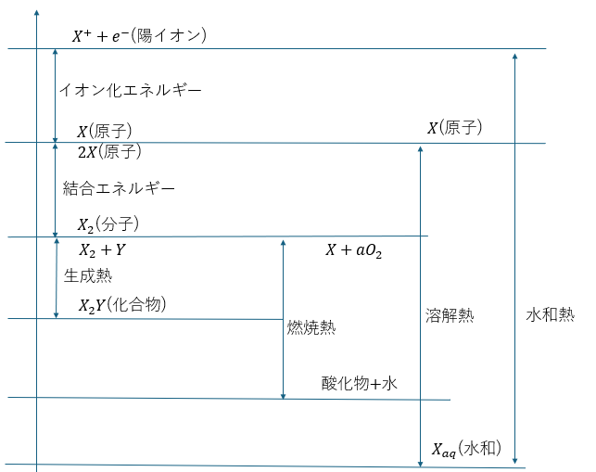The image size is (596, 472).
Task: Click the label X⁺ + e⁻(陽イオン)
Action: (139, 36)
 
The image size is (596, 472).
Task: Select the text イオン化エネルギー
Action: (131, 90)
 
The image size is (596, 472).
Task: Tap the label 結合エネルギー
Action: (119, 188)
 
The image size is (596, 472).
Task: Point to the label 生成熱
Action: (88, 275)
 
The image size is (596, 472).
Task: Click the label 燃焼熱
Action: (311, 327)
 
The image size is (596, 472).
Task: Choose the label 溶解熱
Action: (450, 315)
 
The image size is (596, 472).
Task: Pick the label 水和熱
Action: (551, 314)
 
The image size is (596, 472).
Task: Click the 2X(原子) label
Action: (109, 152)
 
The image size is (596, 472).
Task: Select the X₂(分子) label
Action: (108, 224)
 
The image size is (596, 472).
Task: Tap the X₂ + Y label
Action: (102, 249)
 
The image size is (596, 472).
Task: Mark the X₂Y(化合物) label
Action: (122, 305)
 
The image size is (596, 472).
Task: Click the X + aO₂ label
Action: (353, 250)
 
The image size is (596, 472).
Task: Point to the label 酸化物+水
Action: (360, 383)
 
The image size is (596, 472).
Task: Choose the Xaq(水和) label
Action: (466, 449)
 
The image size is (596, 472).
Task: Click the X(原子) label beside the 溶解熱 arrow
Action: (454, 127)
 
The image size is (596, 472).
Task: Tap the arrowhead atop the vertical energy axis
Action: (36, 13)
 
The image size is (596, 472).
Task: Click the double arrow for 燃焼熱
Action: (283, 320)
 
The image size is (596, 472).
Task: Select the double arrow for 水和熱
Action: (514, 259)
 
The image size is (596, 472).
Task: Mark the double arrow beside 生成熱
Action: (57, 278)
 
